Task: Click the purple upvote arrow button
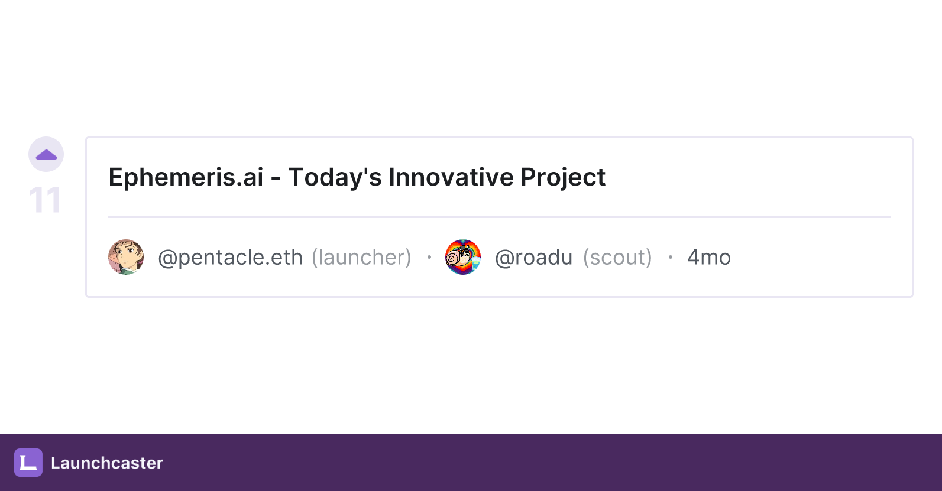(46, 154)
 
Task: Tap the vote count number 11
(46, 200)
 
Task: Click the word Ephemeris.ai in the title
(186, 177)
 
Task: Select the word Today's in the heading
(335, 178)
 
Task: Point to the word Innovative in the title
(451, 177)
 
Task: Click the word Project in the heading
(563, 178)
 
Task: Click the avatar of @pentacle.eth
(126, 257)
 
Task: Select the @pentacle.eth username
(231, 258)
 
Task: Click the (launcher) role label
(362, 258)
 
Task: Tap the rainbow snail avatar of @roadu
(463, 257)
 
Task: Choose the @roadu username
(534, 258)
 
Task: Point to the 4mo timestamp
(709, 258)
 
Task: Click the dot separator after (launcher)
(429, 257)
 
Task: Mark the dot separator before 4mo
(671, 257)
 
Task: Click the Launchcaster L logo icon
(28, 463)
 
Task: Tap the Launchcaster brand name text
(107, 463)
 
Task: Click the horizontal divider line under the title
(499, 217)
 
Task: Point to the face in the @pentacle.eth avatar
(128, 255)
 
